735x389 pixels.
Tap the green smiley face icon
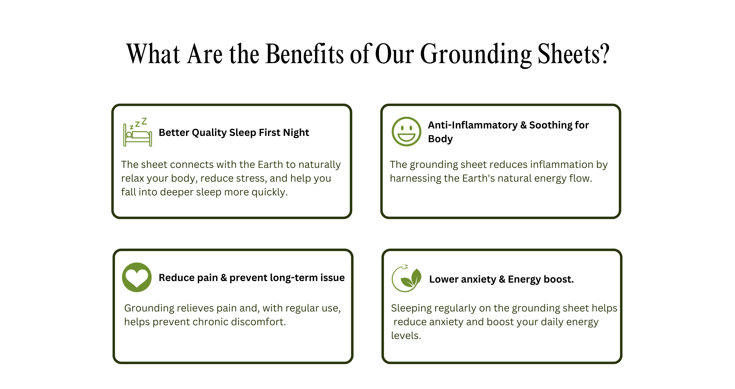coord(406,132)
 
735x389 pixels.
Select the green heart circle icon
coord(137,277)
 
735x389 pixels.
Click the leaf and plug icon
coord(406,278)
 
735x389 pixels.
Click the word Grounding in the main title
coord(476,54)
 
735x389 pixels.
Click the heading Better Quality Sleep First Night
coord(234,133)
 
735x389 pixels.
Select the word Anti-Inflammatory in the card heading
coord(472,125)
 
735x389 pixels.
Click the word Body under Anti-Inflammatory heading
coord(440,139)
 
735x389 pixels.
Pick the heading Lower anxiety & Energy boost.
coord(501,279)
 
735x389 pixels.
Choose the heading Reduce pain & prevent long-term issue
coord(252,278)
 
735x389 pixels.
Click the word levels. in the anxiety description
coord(406,336)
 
